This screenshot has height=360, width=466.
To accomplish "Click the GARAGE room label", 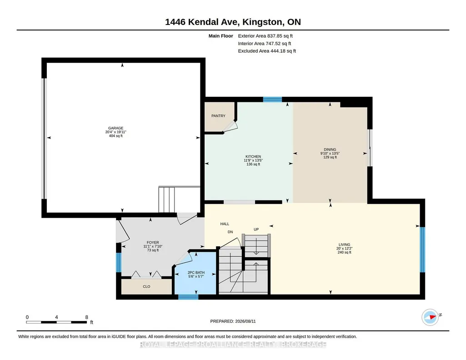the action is point(115,128).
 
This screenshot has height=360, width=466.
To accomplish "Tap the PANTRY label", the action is point(218,116).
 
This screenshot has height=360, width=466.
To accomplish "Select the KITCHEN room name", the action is point(253,156).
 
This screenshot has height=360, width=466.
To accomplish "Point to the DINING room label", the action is point(330,150).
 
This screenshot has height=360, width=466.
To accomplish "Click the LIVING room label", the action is point(345,245).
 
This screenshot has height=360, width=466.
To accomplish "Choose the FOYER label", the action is point(153,242).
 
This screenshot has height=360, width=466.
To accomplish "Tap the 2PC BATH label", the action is point(196,272).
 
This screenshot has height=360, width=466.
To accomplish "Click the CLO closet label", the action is point(146,287).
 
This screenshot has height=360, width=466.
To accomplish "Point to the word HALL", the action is point(225,224).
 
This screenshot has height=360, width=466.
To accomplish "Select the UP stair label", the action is point(256,229).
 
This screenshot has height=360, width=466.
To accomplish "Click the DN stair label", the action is point(230,232).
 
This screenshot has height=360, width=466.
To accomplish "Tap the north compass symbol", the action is point(431,317).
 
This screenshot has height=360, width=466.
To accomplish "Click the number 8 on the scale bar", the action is point(87,317).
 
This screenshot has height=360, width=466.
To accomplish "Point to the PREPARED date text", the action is point(233,321).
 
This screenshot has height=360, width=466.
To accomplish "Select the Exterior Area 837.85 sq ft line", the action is point(266,36).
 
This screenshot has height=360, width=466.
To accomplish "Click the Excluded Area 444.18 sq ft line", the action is point(267,51).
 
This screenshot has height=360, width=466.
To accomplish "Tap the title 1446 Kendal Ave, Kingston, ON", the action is point(233,22).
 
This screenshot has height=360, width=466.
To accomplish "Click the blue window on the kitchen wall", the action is point(272,100).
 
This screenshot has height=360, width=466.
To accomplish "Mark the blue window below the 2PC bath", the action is point(188,297).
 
